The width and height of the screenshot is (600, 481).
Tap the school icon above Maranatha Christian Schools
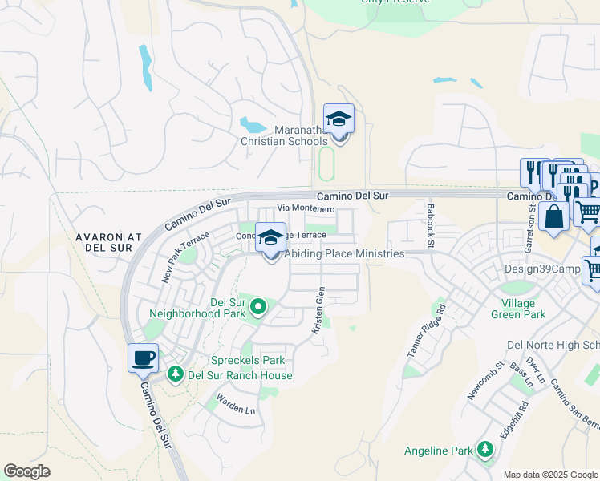coord(339,119)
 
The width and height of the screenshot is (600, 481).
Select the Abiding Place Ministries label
coord(345,253)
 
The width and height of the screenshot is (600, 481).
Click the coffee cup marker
coord(144,358)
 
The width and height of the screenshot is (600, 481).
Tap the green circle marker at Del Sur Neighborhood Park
coord(258,306)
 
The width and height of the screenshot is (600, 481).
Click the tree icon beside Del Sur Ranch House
coord(175,374)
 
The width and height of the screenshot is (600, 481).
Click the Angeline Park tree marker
coord(484,451)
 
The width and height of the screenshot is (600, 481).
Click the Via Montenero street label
coord(306,208)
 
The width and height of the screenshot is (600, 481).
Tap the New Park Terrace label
coord(185,257)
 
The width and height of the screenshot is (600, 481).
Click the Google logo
coord(26,471)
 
